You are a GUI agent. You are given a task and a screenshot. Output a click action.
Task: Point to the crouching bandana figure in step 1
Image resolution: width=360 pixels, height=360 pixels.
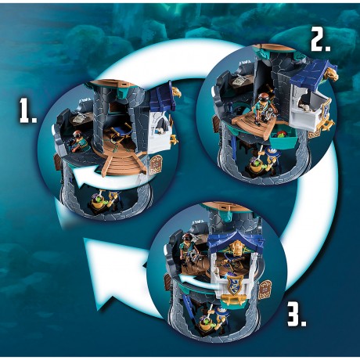coord(78,142)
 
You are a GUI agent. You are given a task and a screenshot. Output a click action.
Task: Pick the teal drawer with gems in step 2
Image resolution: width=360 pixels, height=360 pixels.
coord(283,138)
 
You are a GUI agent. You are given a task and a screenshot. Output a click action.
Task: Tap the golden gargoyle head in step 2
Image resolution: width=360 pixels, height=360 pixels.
coord(330,73)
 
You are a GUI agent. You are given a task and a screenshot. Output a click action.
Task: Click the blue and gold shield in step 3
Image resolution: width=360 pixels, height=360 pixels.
coord(233,286)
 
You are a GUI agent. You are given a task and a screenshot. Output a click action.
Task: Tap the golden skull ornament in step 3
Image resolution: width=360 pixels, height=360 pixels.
coord(237,248)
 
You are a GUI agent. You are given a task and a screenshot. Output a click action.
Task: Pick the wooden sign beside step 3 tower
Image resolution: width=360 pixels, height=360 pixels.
coord(265,290)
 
